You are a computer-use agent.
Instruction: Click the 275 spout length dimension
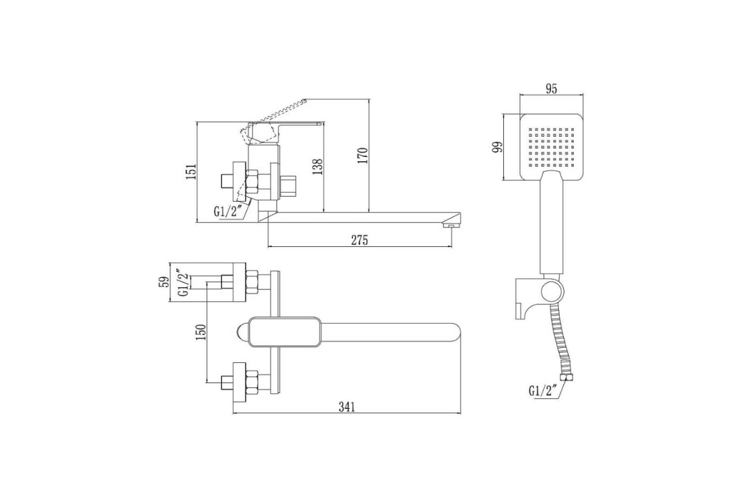359,240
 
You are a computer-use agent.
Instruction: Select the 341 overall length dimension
347,407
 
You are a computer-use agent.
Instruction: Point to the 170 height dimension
363,156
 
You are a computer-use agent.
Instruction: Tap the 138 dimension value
318,166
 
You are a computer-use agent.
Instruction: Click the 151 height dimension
191,171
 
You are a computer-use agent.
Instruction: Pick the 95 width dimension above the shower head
551,88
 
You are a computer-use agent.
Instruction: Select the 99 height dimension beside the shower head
497,147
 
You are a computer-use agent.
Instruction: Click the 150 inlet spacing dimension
201,332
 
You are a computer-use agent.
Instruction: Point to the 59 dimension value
164,282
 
